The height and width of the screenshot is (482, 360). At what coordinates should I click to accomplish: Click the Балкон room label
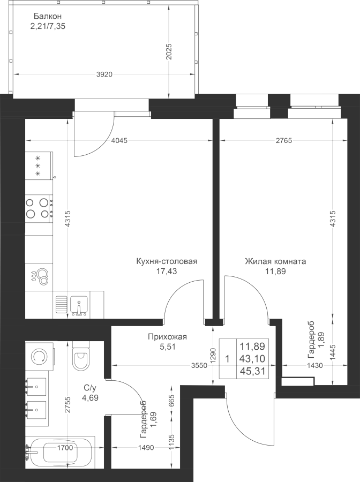coord(48,16)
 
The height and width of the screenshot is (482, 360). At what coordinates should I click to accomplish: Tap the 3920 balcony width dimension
coord(104,74)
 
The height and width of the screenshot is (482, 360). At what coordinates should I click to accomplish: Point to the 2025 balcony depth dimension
coord(168,52)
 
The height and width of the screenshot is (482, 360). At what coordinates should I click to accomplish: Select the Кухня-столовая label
coord(167,261)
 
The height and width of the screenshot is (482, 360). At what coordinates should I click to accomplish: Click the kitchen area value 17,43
coord(167,271)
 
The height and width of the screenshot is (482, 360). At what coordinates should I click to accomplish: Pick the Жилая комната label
coord(275,261)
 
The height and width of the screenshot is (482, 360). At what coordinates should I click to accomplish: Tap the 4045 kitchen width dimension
coord(119,141)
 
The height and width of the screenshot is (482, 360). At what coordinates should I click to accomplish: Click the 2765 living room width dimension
coord(284,141)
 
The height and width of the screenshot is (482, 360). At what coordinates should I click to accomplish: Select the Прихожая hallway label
coord(167,337)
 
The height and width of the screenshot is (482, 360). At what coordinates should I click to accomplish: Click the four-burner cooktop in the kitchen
coord(39,207)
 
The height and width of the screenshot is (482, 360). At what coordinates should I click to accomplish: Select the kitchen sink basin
coord(79,305)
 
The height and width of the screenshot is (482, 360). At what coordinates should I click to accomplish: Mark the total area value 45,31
coord(252,371)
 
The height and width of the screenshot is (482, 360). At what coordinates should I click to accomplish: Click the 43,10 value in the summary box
coord(252,359)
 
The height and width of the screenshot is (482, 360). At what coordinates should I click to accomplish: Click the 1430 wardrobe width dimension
coord(315,365)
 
